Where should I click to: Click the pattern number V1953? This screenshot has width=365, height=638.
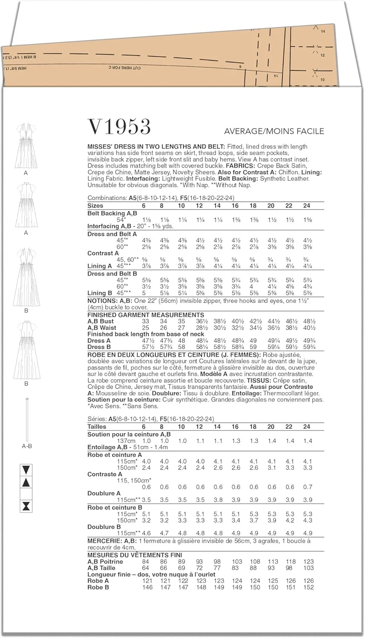(x=119, y=127)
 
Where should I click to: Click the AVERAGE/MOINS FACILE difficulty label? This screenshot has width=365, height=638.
(x=274, y=131)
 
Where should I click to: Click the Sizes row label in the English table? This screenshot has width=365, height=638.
(x=95, y=205)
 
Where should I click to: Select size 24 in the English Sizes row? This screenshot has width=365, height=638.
(x=307, y=205)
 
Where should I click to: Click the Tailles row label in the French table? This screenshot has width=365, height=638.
(x=97, y=427)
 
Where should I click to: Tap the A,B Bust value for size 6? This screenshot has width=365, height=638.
(x=145, y=322)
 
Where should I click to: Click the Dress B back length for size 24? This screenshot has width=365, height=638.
(x=309, y=347)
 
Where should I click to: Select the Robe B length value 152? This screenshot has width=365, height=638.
(x=308, y=587)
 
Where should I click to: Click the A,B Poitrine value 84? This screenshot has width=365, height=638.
(x=146, y=561)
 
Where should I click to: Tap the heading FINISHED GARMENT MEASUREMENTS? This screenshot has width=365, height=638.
(x=146, y=315)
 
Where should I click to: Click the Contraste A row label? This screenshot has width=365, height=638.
(x=105, y=474)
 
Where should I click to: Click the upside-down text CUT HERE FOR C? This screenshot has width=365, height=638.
(x=125, y=68)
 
